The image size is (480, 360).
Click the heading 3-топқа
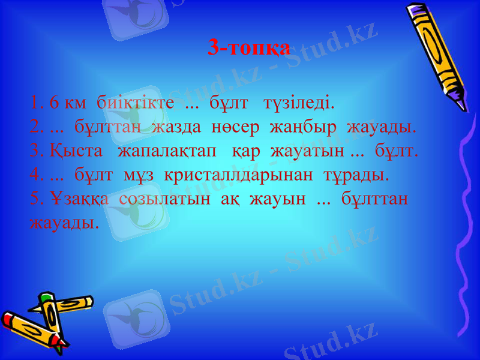point(249,47)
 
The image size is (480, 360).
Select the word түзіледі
point(299,103)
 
